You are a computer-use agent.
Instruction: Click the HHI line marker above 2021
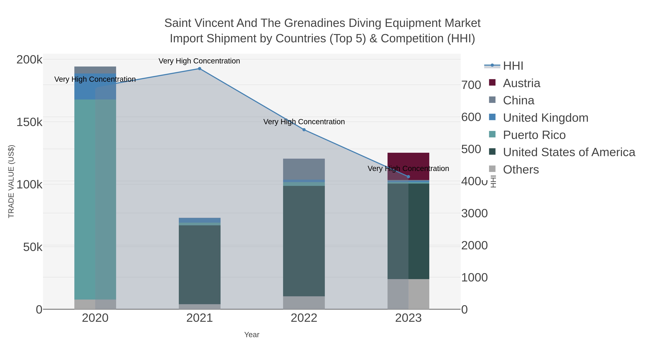[x=200, y=69]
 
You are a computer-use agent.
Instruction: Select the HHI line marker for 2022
[x=304, y=130]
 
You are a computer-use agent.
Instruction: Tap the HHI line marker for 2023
[x=408, y=177]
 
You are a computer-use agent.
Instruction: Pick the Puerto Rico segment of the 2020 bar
[x=95, y=199]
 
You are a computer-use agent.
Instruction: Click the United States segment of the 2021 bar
[x=200, y=264]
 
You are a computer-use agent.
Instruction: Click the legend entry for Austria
[x=521, y=83]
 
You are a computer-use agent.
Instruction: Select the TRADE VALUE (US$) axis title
[x=11, y=181]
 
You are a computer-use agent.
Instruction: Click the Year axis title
[x=252, y=335]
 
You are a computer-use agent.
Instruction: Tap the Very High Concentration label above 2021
[x=199, y=61]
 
